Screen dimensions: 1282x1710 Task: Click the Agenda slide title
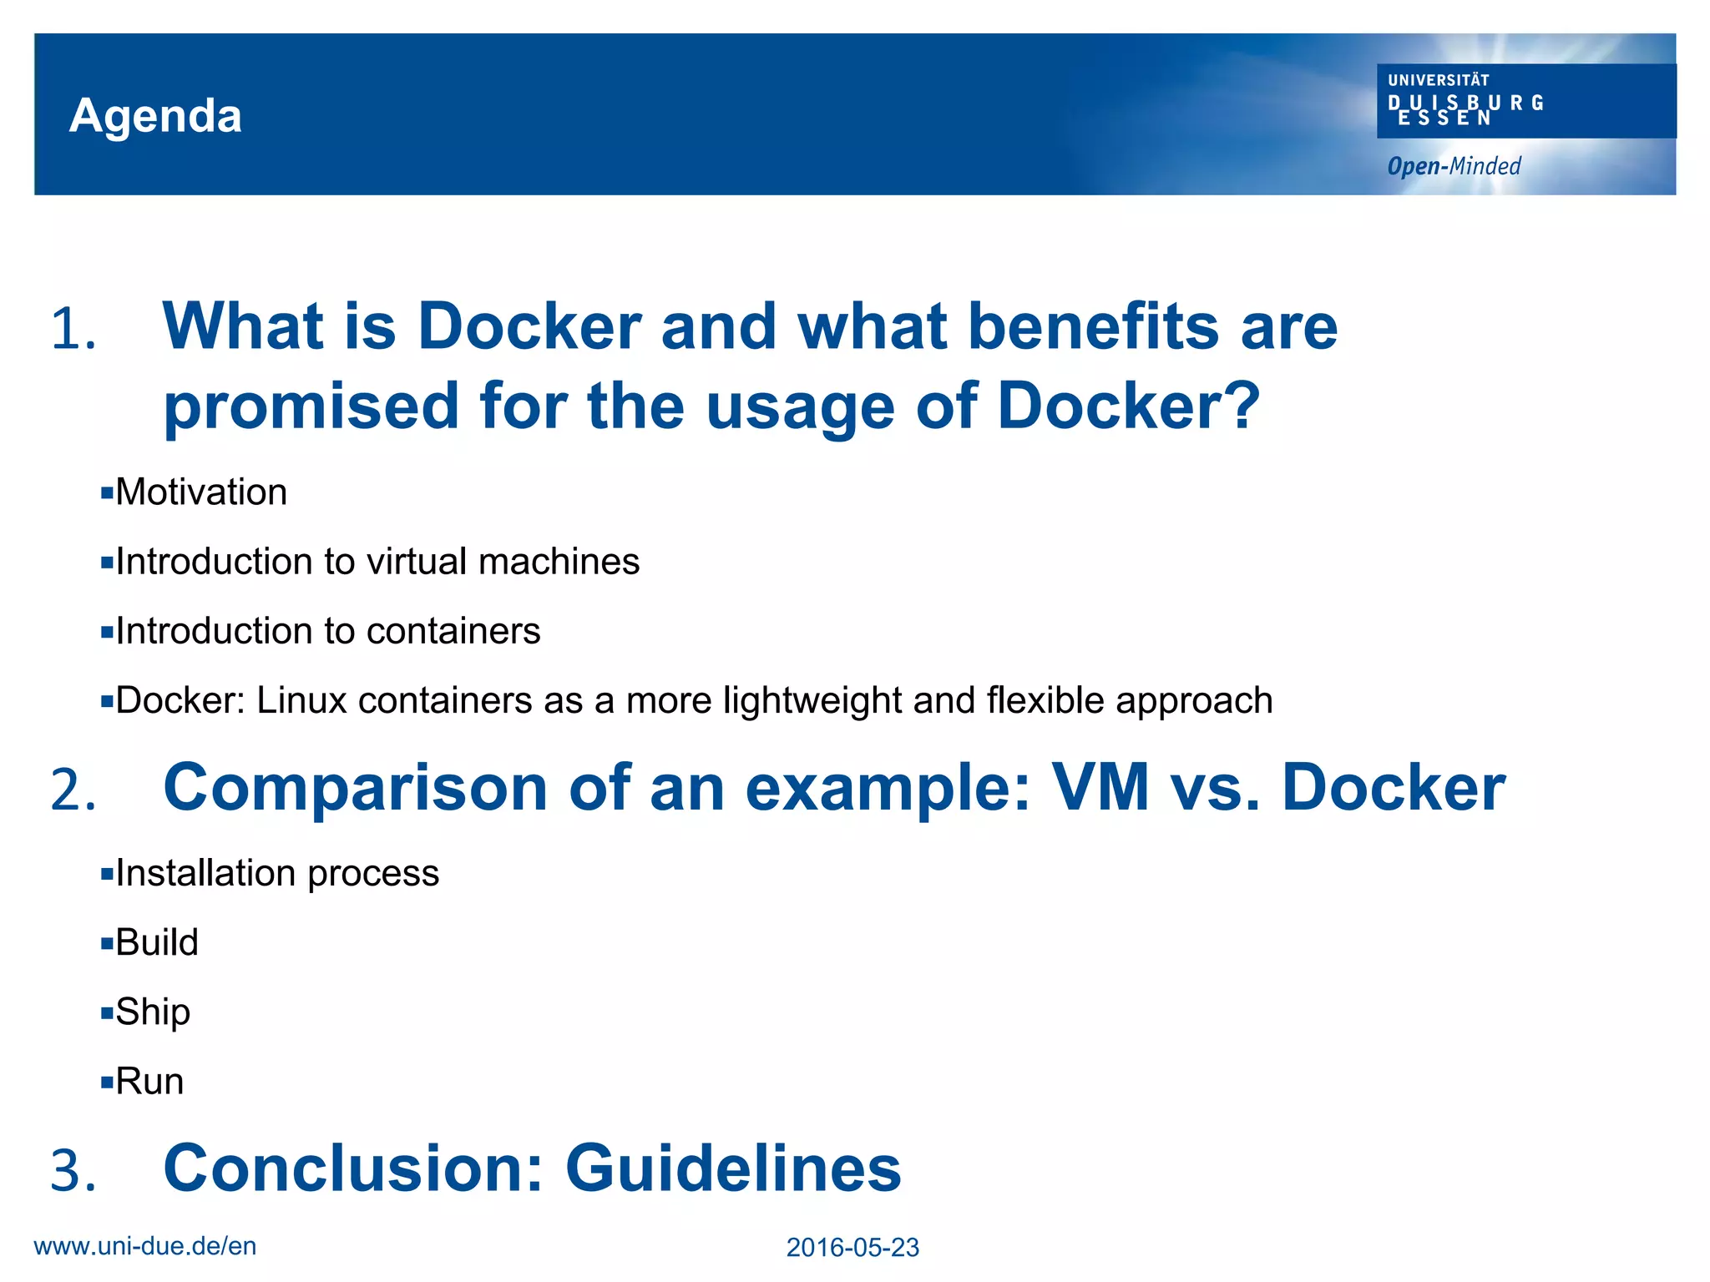pos(156,115)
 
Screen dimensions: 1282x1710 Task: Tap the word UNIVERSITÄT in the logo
pos(1438,80)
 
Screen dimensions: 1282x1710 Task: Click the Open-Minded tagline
pos(1454,166)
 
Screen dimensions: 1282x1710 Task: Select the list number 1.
pos(73,329)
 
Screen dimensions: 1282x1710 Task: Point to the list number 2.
pos(73,790)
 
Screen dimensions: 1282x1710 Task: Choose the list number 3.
pos(73,1170)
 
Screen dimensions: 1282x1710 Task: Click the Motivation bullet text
pos(201,492)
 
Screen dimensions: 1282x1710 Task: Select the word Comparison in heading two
pos(355,788)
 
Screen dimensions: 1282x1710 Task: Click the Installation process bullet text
pos(276,873)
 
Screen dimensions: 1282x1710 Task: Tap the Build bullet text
pos(157,942)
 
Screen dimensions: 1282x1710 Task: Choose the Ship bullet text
pos(153,1012)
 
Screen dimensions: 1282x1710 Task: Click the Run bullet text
pos(149,1082)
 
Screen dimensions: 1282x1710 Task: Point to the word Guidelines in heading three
pos(733,1168)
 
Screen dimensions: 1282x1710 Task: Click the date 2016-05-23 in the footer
pos(852,1248)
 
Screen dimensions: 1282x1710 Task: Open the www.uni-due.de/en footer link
pos(145,1246)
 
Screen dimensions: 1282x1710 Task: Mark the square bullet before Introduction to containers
pos(106,632)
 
